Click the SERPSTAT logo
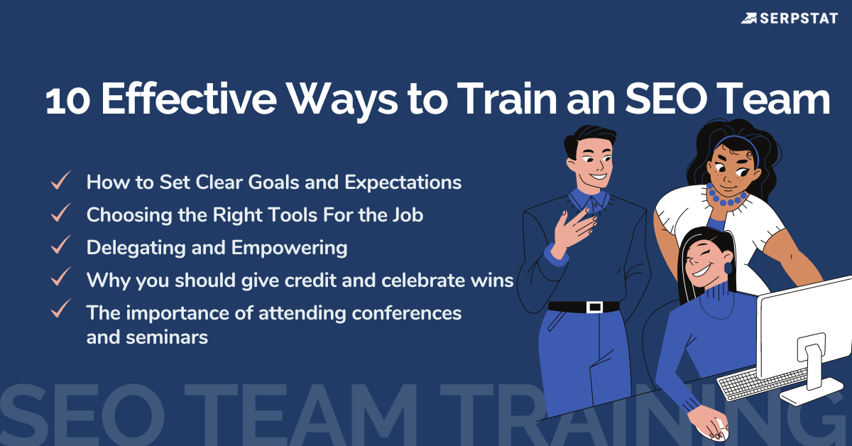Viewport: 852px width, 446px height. (789, 17)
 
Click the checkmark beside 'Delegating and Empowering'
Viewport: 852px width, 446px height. (60, 246)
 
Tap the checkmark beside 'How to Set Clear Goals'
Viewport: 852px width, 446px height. (60, 181)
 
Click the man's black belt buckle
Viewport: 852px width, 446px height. (594, 307)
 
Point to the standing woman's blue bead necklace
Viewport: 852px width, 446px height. (726, 197)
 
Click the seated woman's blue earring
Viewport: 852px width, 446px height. (728, 268)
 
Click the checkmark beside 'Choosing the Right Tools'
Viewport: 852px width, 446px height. (60, 213)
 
